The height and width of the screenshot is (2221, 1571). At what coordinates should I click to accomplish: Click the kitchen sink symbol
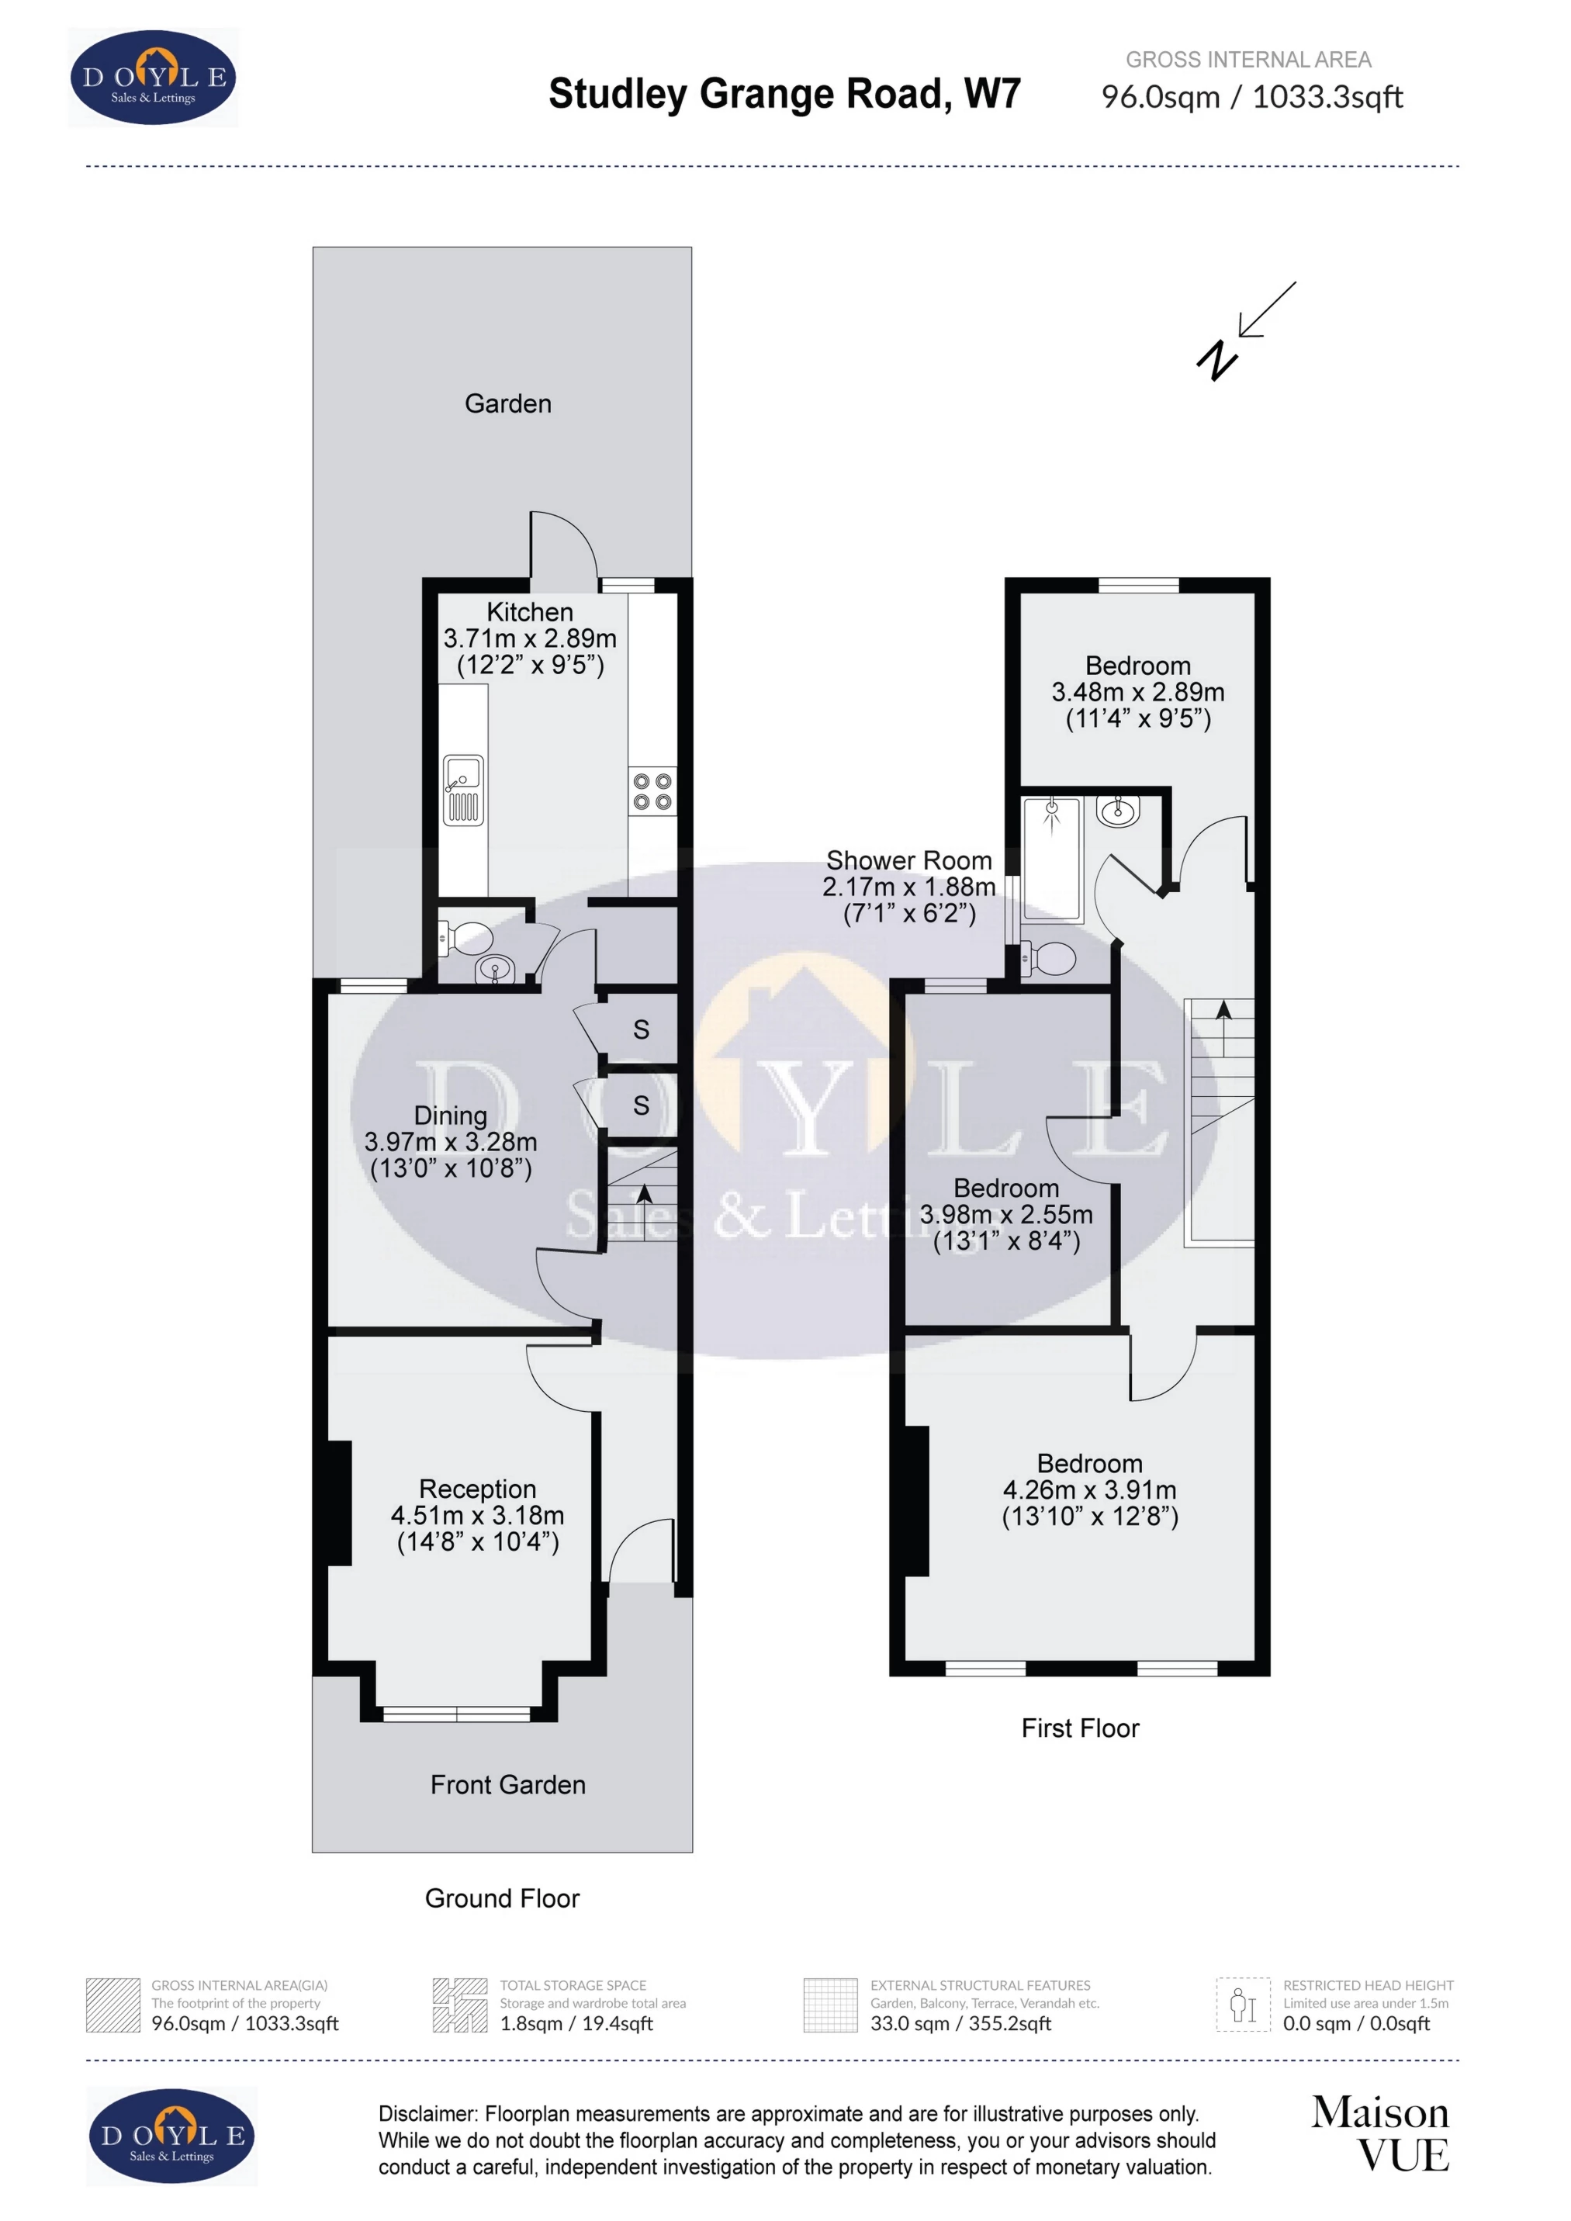pyautogui.click(x=462, y=790)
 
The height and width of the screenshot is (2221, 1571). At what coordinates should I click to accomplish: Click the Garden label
pyautogui.click(x=508, y=403)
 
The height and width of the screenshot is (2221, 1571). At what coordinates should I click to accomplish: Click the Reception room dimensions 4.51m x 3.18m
pyautogui.click(x=477, y=1515)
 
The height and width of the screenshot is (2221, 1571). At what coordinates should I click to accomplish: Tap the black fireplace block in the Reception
pyautogui.click(x=338, y=1503)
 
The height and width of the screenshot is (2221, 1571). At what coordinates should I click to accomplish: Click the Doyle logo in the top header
pyautogui.click(x=153, y=78)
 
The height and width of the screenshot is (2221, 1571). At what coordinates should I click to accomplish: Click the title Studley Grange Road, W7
pyautogui.click(x=784, y=94)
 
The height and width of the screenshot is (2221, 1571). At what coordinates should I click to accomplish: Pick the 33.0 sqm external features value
pyautogui.click(x=960, y=2022)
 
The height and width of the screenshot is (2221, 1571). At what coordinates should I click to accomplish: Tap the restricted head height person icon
pyautogui.click(x=1242, y=2005)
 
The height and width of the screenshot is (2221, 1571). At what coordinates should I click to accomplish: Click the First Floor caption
pyautogui.click(x=1080, y=1728)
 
